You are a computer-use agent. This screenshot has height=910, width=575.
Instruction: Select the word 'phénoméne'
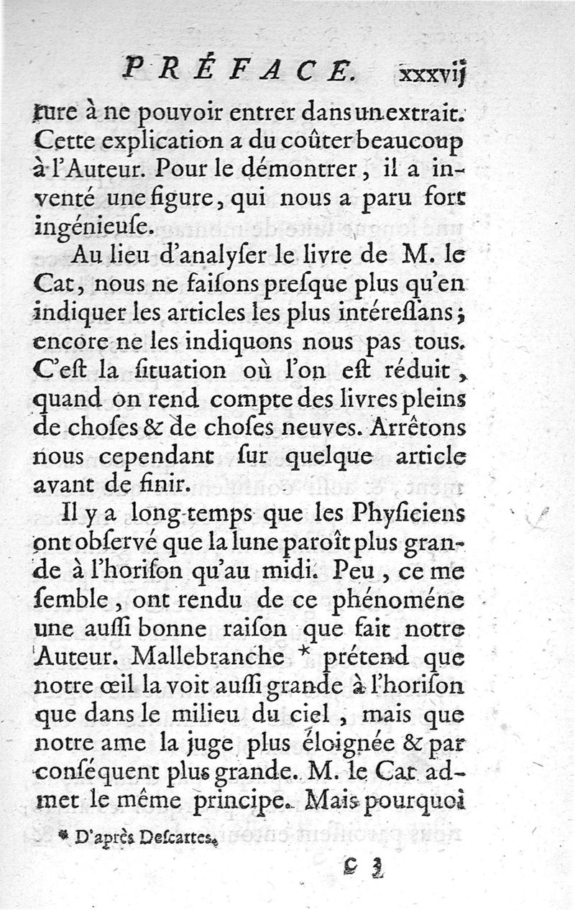402,602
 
